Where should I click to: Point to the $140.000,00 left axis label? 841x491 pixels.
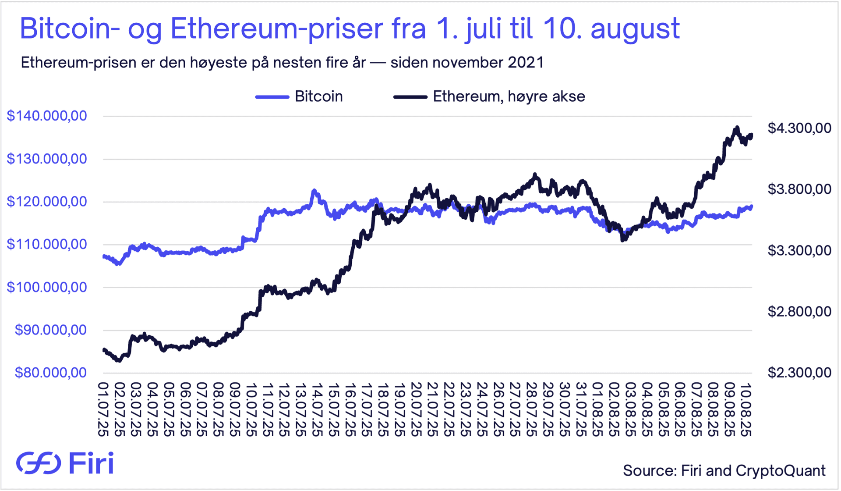point(47,116)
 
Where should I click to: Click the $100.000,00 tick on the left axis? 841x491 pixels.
point(47,287)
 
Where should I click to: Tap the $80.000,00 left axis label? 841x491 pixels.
point(51,373)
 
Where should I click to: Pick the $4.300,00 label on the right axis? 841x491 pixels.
point(799,128)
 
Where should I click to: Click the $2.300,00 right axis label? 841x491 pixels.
point(799,373)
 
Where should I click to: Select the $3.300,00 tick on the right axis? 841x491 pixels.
point(799,250)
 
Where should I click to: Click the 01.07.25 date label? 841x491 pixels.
point(103,409)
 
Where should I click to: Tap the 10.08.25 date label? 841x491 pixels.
point(746,409)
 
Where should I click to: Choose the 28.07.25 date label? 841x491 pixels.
point(531,409)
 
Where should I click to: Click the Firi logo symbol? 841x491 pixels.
point(39,463)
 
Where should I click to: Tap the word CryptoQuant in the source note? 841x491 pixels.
point(781,470)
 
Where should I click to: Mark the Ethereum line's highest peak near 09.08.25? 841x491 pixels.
point(737,128)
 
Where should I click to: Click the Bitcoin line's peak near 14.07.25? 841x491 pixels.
point(314,191)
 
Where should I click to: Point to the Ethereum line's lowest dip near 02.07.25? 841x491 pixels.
point(118,360)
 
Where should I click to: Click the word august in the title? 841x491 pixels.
point(635,29)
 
